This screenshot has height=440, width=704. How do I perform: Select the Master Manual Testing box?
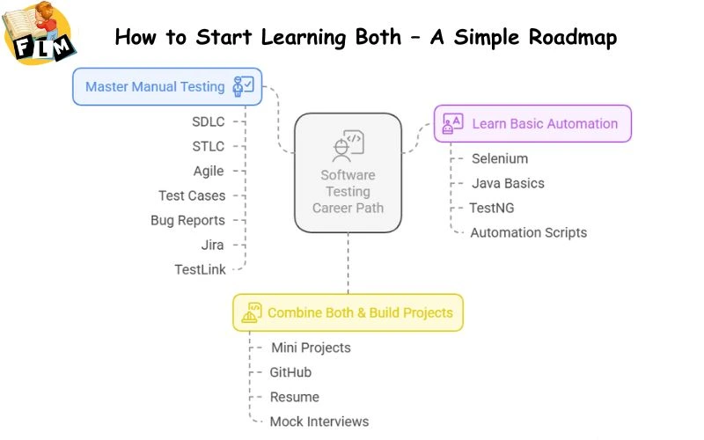[x=167, y=86]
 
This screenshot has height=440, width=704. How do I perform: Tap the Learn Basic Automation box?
[x=532, y=123]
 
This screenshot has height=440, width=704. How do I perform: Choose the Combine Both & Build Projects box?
[x=348, y=312]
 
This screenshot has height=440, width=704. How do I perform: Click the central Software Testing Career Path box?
[x=348, y=172]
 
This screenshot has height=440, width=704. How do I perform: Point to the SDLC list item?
[x=209, y=121]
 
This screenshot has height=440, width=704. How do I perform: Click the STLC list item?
[x=209, y=146]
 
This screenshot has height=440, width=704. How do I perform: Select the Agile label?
[x=209, y=171]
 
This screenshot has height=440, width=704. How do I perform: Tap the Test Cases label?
[x=192, y=195]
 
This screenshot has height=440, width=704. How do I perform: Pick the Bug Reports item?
[x=187, y=220]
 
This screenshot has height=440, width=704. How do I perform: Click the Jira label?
[x=212, y=245]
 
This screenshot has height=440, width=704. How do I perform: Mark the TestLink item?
[x=200, y=269]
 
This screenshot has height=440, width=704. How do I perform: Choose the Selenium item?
[x=500, y=158]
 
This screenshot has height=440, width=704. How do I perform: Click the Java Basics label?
[x=508, y=183]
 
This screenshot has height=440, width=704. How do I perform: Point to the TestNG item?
[x=493, y=208]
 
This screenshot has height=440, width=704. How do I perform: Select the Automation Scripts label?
[x=528, y=232]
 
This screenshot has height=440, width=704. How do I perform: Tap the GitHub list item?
[x=290, y=372]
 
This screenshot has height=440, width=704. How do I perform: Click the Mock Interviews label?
[x=319, y=422]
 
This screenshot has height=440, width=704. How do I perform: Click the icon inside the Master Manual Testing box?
[x=243, y=86]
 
